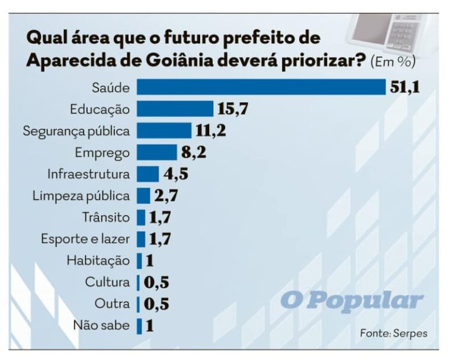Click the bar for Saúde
[x=261, y=86]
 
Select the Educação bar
[x=175, y=108]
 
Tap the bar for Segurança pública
[x=164, y=130]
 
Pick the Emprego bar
[x=156, y=152]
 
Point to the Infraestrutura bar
[x=148, y=174]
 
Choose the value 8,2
[x=194, y=152]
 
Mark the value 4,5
[x=176, y=174]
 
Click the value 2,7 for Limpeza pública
[x=166, y=195]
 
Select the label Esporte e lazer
[x=85, y=239]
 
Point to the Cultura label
[x=107, y=282]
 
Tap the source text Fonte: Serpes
[x=393, y=333]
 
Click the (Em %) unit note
[x=393, y=62]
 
